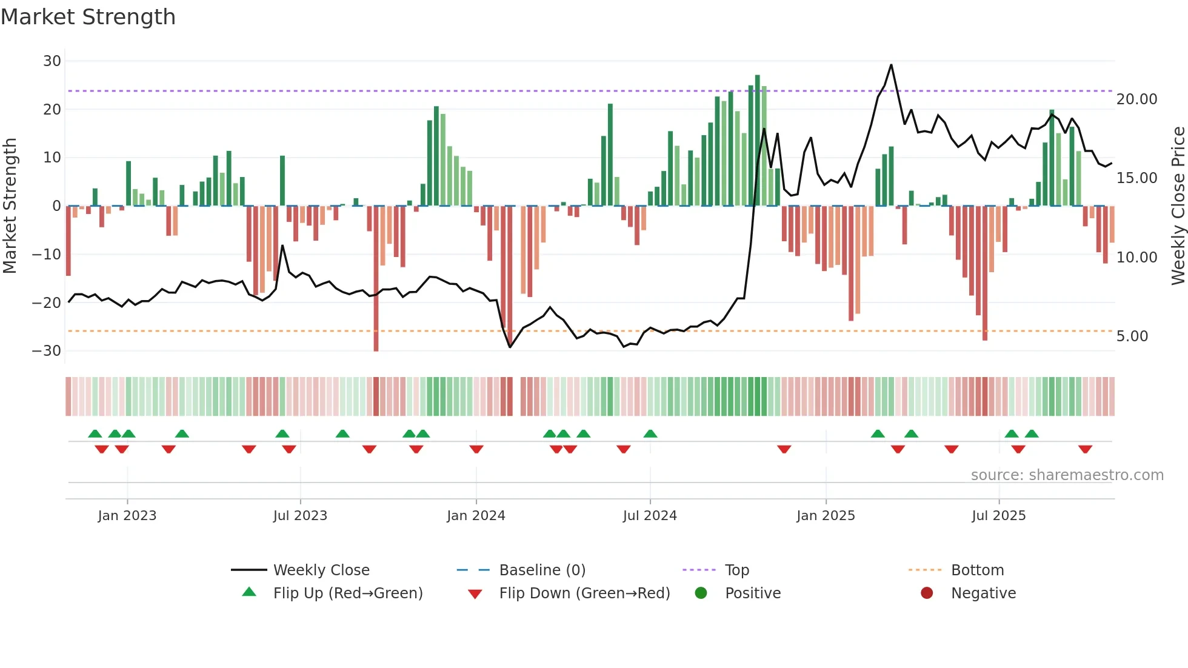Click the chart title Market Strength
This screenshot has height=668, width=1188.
click(88, 17)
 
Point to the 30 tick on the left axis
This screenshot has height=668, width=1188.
click(52, 61)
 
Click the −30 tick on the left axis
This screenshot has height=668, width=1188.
click(47, 351)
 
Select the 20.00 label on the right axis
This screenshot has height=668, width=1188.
click(1136, 99)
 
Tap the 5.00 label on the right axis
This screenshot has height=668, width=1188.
click(1132, 336)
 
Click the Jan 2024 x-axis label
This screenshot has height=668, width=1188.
click(476, 516)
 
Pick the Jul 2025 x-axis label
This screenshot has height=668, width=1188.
click(998, 516)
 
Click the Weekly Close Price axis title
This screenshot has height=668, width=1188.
click(1178, 206)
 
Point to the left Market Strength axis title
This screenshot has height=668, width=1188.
click(10, 206)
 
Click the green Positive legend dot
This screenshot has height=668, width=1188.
click(701, 593)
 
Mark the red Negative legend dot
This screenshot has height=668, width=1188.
click(927, 593)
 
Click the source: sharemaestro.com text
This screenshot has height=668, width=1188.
click(1067, 475)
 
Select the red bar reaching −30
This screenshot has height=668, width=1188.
click(376, 279)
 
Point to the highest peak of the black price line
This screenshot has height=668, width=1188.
click(891, 65)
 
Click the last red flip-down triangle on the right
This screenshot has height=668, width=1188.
click(1085, 449)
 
